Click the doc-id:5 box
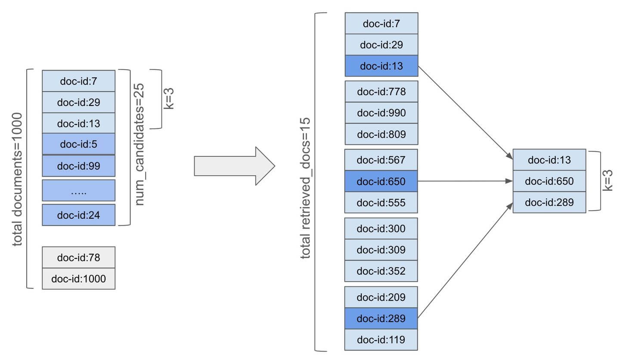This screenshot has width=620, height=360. point(78,144)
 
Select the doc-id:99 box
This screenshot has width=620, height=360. point(78,166)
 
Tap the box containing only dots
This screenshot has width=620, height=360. point(78,191)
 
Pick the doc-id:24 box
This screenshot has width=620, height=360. point(78,215)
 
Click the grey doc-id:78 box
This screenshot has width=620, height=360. point(78,258)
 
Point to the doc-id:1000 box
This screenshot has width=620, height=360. point(78,279)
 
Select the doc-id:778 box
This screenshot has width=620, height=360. point(381,91)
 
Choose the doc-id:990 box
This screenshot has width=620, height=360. point(381,113)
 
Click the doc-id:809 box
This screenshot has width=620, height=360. point(381,134)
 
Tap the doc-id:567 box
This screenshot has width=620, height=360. point(381,160)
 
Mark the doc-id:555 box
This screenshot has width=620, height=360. point(381,202)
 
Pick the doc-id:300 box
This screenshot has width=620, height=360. point(381,228)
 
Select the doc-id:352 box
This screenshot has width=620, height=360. point(381,271)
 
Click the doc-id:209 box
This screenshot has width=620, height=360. point(381,297)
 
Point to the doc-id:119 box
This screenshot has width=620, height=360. point(381,340)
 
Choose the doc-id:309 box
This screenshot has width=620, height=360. point(381,250)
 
